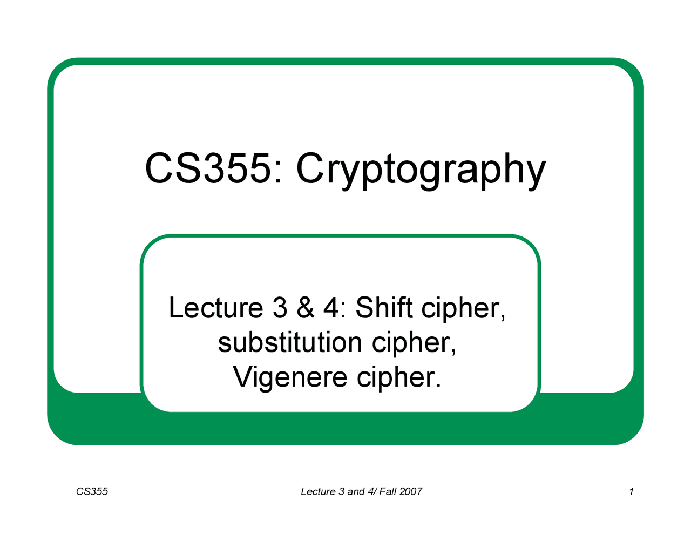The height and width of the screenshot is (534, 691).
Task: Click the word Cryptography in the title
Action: [x=421, y=169]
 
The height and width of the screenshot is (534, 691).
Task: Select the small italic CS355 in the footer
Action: [x=92, y=491]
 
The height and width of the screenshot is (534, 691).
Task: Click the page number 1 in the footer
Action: [x=631, y=491]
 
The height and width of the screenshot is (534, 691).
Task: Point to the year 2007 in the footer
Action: [x=411, y=491]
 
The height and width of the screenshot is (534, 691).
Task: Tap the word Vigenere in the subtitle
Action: [x=290, y=377]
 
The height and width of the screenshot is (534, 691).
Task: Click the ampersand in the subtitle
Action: [x=306, y=308]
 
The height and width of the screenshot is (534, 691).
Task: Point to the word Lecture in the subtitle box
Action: [x=216, y=308]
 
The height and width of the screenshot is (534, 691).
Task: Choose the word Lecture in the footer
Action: [x=318, y=491]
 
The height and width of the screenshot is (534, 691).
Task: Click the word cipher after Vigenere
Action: [x=399, y=377]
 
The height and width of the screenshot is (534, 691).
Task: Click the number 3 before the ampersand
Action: [x=280, y=308]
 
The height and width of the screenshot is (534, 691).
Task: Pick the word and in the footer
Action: [x=356, y=491]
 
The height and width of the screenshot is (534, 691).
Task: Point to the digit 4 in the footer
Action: [x=371, y=491]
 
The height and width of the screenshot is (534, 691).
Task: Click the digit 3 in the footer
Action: [x=341, y=491]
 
